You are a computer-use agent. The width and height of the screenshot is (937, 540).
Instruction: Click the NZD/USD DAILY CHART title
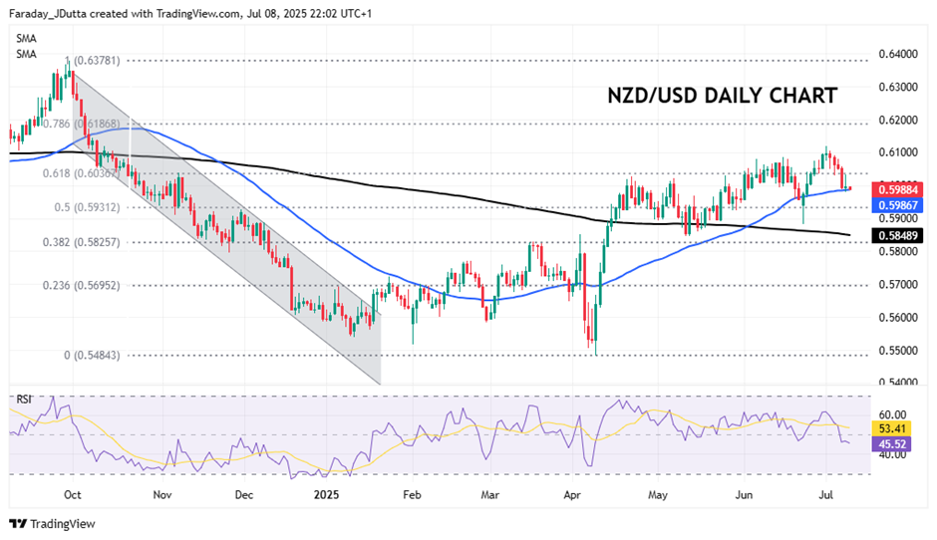coord(723,96)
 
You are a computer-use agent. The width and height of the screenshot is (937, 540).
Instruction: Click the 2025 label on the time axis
coord(327,492)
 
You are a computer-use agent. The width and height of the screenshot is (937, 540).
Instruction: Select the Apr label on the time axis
coord(572,492)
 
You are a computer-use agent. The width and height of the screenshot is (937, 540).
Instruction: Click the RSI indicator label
coord(24,400)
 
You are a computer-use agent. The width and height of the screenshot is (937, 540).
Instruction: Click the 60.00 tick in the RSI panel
coord(894,414)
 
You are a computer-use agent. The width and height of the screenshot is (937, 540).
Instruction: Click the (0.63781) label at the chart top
coord(98,60)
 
